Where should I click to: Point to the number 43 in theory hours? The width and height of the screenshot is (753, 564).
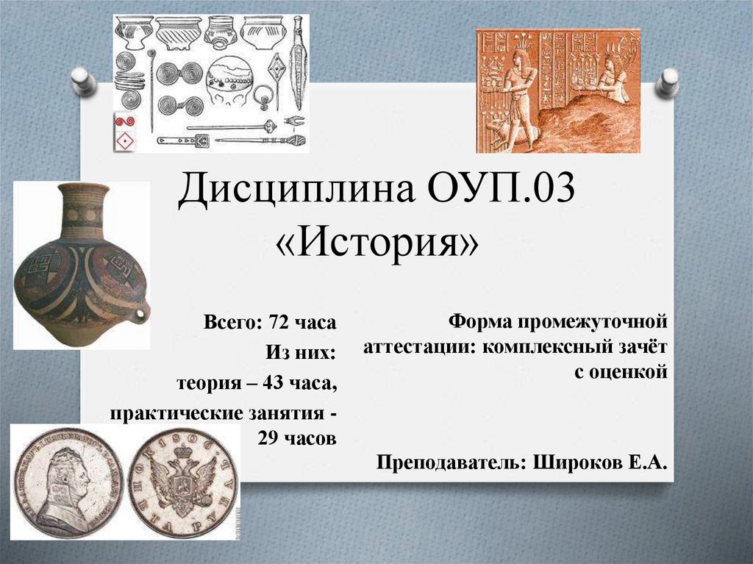[x=259, y=383]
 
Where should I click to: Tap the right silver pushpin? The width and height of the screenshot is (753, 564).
[x=668, y=81]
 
